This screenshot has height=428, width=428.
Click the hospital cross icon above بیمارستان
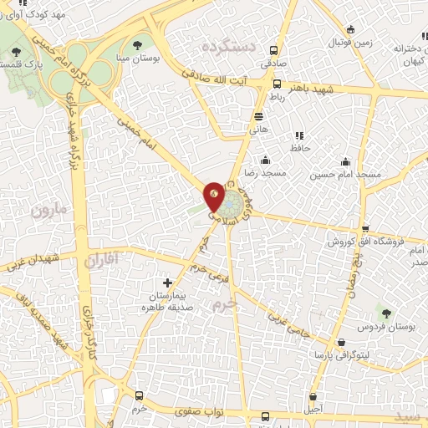click(170, 284)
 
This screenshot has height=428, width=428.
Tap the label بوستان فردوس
click(384, 325)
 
